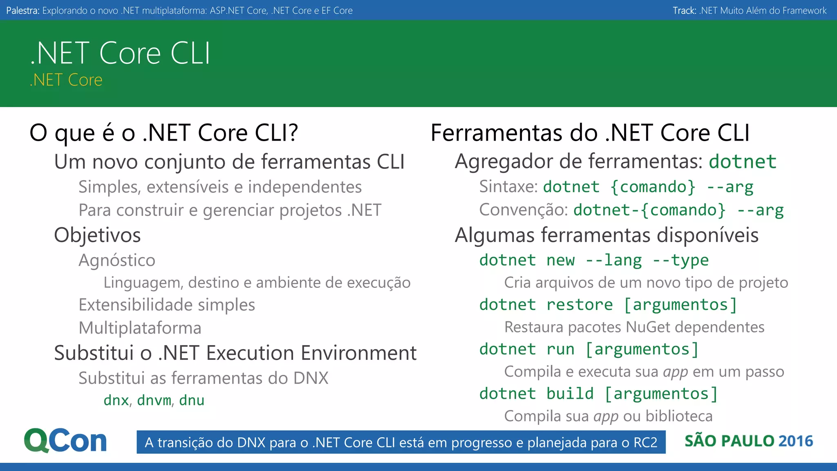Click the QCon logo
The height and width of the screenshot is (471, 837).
65,441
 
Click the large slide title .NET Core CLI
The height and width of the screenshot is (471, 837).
120,53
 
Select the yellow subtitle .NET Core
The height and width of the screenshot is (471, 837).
66,80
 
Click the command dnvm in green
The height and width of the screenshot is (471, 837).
154,400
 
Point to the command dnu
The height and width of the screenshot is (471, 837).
192,400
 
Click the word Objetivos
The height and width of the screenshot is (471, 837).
97,235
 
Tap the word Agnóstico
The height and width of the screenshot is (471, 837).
117,260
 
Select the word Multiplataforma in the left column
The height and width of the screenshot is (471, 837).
140,328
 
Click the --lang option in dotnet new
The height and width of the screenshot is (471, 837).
613,260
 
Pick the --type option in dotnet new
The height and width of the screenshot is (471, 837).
680,260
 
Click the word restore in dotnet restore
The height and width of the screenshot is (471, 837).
580,305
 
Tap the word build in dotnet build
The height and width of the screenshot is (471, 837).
570,394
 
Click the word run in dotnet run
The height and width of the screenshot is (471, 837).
560,350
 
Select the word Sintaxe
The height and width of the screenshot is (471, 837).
508,187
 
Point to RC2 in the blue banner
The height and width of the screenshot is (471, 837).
645,442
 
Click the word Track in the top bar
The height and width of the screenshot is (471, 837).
684,11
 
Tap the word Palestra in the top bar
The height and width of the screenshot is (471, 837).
22,11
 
